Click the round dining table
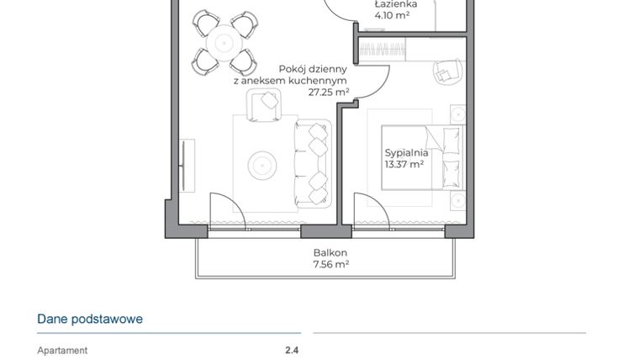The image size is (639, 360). (x=224, y=40)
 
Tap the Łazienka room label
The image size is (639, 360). (x=392, y=4)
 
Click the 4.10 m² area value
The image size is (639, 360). (x=392, y=15)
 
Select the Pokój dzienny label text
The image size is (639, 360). (x=313, y=70)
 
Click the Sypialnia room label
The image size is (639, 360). (x=406, y=153)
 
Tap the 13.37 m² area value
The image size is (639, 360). (x=404, y=165)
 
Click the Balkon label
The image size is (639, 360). (x=330, y=252)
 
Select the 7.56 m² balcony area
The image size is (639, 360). (x=330, y=264)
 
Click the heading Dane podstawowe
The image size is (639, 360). (x=90, y=320)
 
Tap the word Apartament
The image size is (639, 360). (x=62, y=351)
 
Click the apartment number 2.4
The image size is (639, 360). (x=292, y=351)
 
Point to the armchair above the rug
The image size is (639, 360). (x=265, y=104)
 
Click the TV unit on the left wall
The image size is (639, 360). (x=186, y=163)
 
